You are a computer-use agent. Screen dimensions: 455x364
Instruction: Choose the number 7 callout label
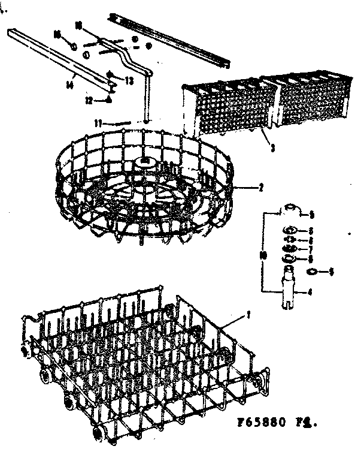(311, 249)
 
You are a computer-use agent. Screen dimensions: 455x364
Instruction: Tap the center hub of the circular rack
(146, 163)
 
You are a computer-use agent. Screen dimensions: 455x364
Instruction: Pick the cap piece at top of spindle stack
(290, 208)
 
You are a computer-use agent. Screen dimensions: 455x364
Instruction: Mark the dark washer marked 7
(289, 248)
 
